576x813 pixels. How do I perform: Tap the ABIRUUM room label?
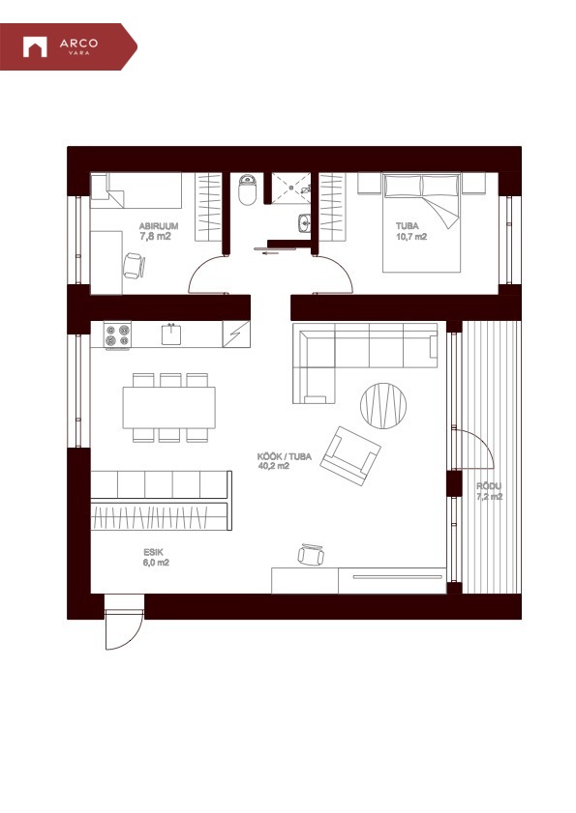click(159, 226)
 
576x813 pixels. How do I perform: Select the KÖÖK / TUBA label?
click(284, 457)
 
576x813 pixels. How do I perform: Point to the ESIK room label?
click(153, 553)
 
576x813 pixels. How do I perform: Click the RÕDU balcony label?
click(489, 486)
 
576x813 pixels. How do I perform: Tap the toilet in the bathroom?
click(247, 189)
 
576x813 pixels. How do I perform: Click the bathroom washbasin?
click(304, 224)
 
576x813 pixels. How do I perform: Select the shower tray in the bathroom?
click(290, 189)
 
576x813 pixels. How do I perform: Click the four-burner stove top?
click(117, 334)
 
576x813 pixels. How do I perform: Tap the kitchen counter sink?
click(171, 334)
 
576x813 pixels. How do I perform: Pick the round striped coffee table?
click(383, 406)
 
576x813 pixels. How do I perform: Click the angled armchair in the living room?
click(350, 455)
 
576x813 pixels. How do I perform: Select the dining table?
click(168, 408)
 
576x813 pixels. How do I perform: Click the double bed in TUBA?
click(422, 223)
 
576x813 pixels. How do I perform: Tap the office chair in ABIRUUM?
click(134, 265)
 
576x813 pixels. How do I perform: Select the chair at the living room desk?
click(311, 555)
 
